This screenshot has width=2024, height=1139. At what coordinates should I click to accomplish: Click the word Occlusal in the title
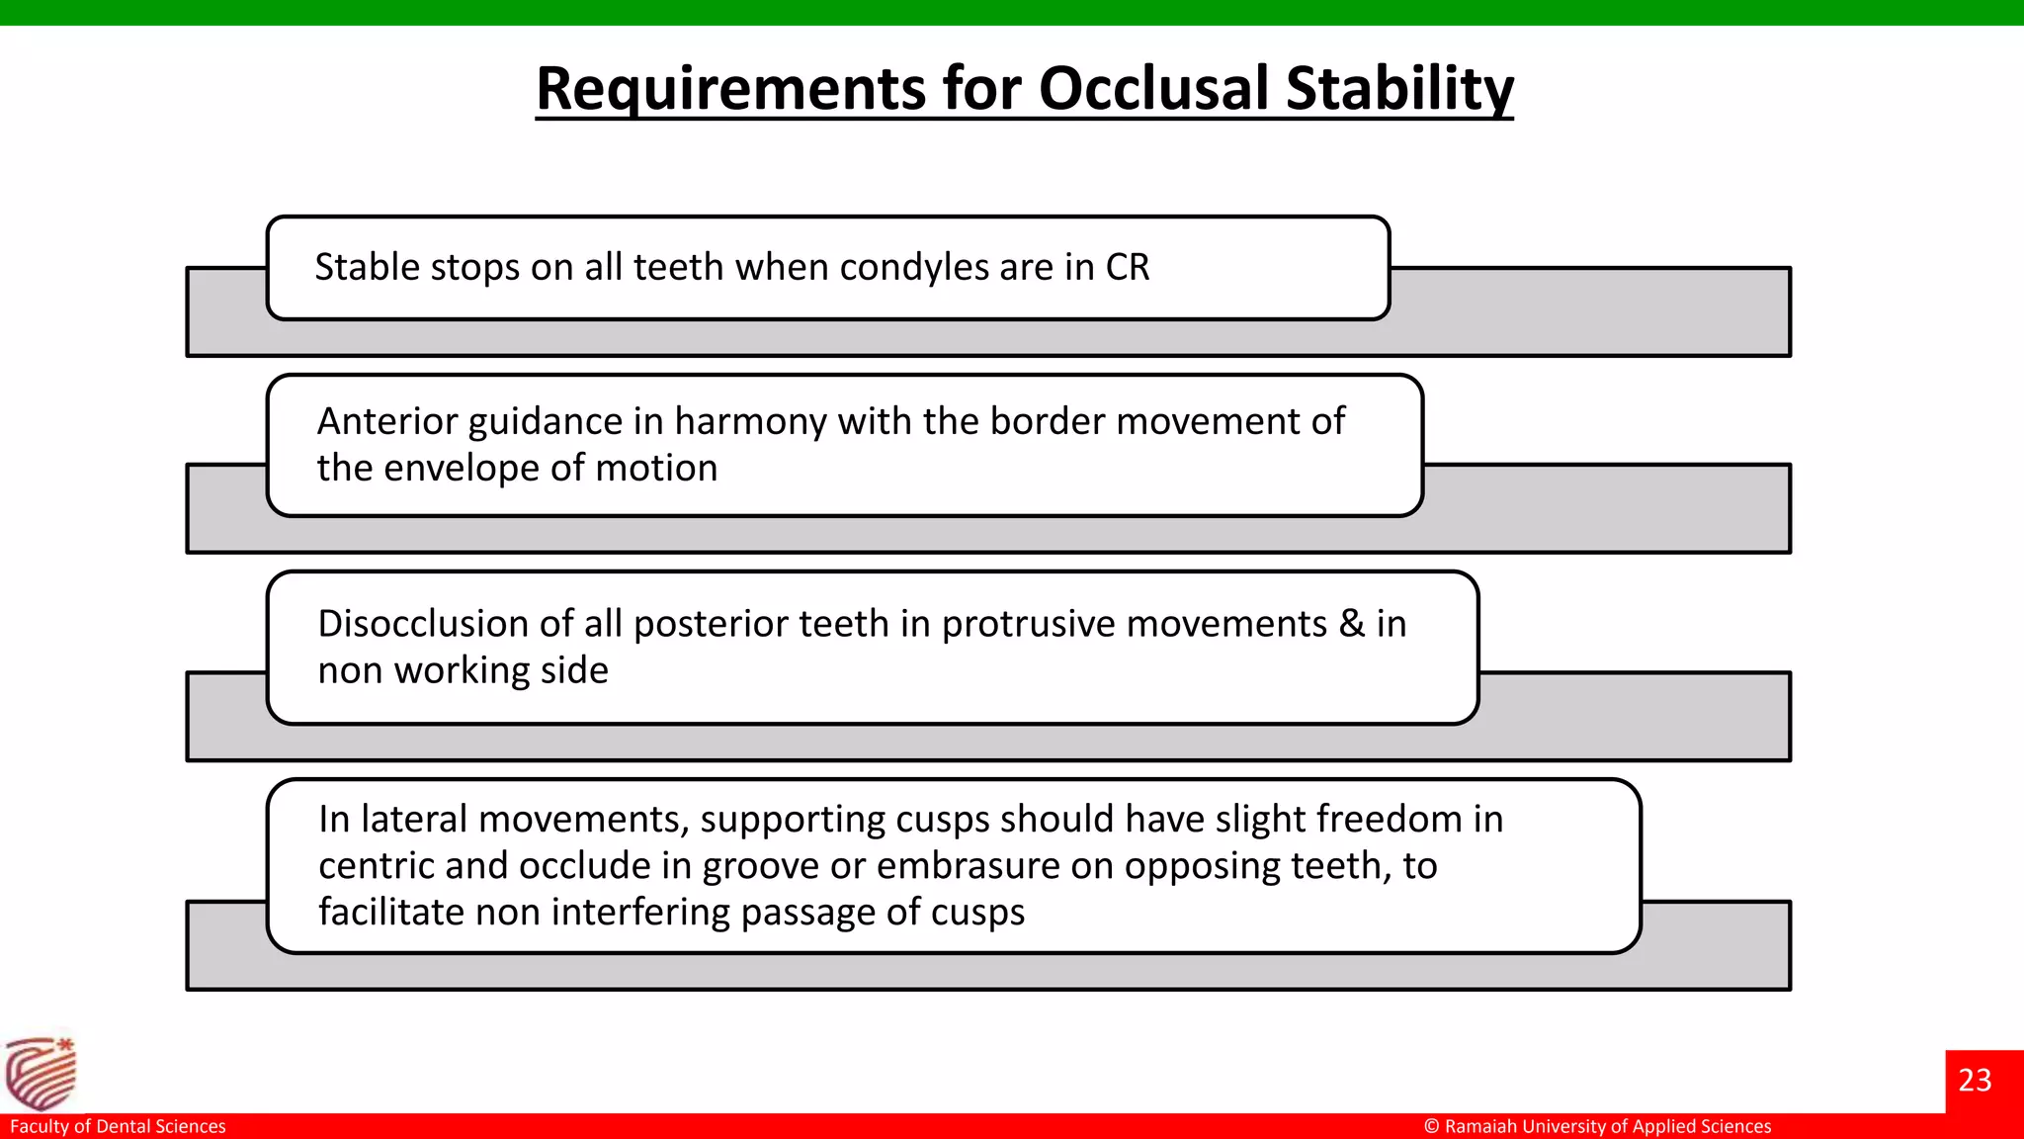[x=1152, y=89]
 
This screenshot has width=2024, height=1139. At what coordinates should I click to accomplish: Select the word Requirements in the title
[x=729, y=89]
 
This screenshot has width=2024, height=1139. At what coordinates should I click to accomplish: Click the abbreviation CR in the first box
[x=1128, y=268]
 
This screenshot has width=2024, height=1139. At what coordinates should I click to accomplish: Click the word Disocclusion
[x=423, y=624]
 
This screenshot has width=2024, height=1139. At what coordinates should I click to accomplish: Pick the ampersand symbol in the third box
[x=1351, y=624]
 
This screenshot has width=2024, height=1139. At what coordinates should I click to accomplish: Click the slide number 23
[x=1975, y=1080]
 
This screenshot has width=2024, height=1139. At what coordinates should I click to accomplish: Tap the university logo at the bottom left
[x=41, y=1074]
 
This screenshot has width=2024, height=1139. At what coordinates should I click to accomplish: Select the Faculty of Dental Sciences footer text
[x=118, y=1126]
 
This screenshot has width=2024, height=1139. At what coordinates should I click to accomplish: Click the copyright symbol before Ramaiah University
[x=1431, y=1126]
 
